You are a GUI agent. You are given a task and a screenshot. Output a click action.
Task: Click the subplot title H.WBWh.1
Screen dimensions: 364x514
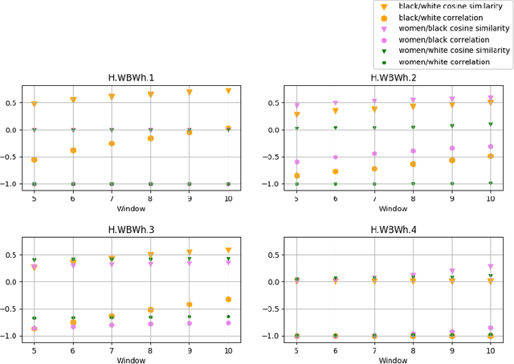131,78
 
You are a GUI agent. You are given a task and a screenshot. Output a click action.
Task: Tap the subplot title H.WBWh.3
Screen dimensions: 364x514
131,230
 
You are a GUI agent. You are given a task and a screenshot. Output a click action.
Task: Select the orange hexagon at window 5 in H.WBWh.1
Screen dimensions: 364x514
34,160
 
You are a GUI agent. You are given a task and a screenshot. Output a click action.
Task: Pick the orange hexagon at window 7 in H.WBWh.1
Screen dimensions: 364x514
112,144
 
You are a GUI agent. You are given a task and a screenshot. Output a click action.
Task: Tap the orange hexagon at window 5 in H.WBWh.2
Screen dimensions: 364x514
297,176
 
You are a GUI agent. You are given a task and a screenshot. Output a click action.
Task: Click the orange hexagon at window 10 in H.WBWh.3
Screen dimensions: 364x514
228,299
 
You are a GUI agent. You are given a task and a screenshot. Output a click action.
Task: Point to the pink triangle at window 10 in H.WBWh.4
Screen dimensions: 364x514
490,266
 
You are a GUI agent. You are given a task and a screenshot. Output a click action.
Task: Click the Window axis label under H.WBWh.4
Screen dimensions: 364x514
393,360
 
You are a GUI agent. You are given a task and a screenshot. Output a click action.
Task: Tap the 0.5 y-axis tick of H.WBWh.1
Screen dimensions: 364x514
12,103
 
